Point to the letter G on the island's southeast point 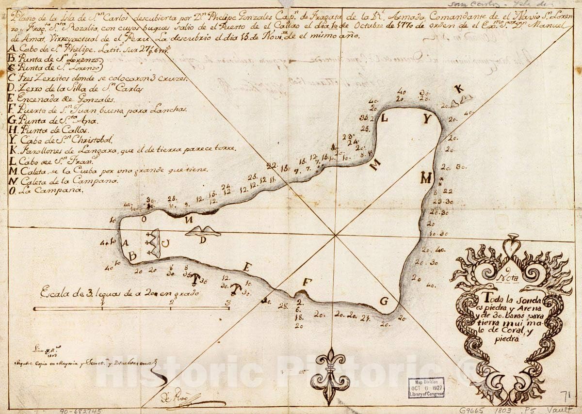(384, 301)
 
